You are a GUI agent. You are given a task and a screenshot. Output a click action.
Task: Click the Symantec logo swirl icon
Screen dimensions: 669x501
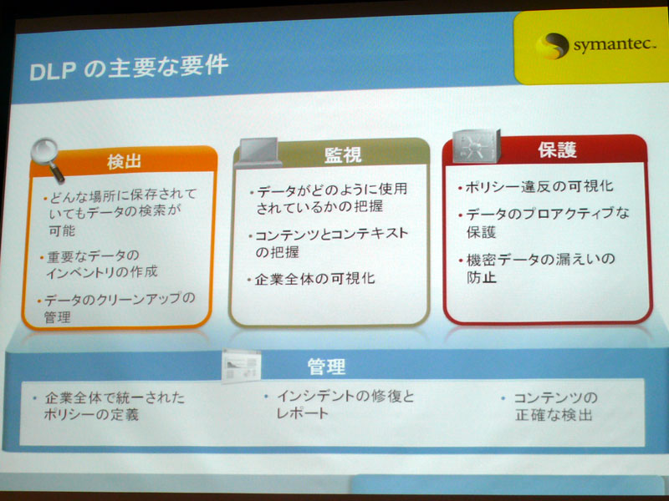click(553, 46)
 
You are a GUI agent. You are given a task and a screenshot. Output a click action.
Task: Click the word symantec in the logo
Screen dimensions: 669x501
click(615, 45)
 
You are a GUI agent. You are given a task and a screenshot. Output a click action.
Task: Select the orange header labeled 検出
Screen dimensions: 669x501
click(124, 162)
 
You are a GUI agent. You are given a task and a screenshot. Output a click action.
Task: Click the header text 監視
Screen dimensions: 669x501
click(343, 154)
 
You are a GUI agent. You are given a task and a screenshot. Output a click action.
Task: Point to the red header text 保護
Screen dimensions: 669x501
click(557, 149)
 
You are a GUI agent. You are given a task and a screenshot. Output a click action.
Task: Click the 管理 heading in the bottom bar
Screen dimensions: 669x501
click(326, 367)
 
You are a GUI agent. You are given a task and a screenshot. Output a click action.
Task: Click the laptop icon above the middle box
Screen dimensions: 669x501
click(258, 153)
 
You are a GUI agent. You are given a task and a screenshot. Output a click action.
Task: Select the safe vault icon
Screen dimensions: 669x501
click(477, 145)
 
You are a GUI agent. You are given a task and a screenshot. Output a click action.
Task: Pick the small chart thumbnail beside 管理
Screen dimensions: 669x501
click(241, 365)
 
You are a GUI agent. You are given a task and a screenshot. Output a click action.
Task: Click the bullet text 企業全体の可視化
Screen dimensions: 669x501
click(315, 279)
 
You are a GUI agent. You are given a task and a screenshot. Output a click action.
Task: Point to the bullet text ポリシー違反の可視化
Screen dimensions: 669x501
click(539, 186)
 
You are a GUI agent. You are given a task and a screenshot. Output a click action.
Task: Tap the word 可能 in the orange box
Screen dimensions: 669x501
click(62, 230)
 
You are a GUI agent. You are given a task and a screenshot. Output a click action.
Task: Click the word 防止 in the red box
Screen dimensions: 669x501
click(482, 278)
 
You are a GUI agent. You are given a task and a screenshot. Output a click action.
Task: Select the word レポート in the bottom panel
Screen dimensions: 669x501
click(302, 413)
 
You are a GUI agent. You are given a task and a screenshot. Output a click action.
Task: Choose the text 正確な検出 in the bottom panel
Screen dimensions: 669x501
click(554, 414)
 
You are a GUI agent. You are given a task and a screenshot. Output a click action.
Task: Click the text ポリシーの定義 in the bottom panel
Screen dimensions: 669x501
click(91, 414)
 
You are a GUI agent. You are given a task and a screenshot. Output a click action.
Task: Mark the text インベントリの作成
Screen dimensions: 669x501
click(101, 272)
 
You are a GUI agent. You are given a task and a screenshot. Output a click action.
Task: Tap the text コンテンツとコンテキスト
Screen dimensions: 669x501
click(331, 235)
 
